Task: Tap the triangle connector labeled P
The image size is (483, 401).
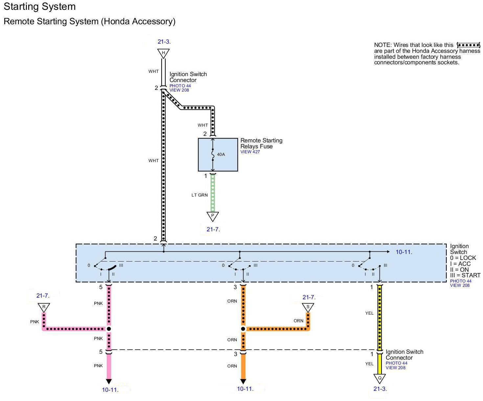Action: click(x=213, y=217)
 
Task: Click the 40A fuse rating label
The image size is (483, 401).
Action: click(x=221, y=154)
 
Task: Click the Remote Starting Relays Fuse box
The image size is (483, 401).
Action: click(x=218, y=155)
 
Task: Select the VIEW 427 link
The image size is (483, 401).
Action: click(x=250, y=152)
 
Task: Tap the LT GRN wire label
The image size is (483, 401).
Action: click(x=199, y=195)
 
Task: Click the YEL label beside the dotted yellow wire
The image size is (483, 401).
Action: click(x=369, y=313)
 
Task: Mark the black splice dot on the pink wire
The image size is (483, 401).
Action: click(x=109, y=329)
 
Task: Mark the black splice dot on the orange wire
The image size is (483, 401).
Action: click(x=243, y=329)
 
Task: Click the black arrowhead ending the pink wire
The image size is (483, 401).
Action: click(x=109, y=382)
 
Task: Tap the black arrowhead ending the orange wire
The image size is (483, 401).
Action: click(x=243, y=382)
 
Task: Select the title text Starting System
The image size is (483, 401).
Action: click(x=40, y=7)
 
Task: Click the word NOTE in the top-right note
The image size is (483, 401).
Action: click(x=382, y=45)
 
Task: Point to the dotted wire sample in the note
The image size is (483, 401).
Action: click(x=469, y=45)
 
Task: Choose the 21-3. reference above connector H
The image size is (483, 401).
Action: click(x=164, y=42)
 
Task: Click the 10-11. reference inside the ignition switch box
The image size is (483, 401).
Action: click(x=404, y=252)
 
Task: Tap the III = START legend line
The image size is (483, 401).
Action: click(x=465, y=275)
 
